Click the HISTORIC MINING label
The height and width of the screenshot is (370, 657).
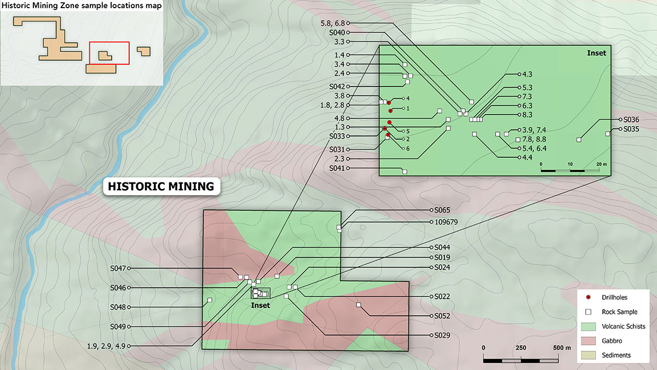pyautogui.click(x=161, y=186)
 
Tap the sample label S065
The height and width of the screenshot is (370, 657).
pyautogui.click(x=442, y=210)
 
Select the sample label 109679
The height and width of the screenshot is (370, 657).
pyautogui.click(x=446, y=223)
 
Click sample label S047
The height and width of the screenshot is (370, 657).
pyautogui.click(x=118, y=269)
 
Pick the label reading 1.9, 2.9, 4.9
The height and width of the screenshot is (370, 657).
pyautogui.click(x=108, y=346)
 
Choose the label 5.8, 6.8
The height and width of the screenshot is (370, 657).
pyautogui.click(x=332, y=23)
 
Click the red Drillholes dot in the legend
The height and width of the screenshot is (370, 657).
pyautogui.click(x=588, y=297)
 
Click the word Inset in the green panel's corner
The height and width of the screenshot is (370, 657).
pyautogui.click(x=596, y=53)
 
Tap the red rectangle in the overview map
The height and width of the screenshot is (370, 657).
pyautogui.click(x=109, y=53)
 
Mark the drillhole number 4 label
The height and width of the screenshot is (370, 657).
pyautogui.click(x=408, y=98)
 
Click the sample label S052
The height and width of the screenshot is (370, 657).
pyautogui.click(x=442, y=316)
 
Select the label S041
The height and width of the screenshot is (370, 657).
pyautogui.click(x=337, y=168)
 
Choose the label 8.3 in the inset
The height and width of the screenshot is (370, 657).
pyautogui.click(x=527, y=115)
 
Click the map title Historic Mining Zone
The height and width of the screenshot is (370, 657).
pyautogui.click(x=81, y=6)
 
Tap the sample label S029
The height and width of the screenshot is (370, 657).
pyautogui.click(x=442, y=335)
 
